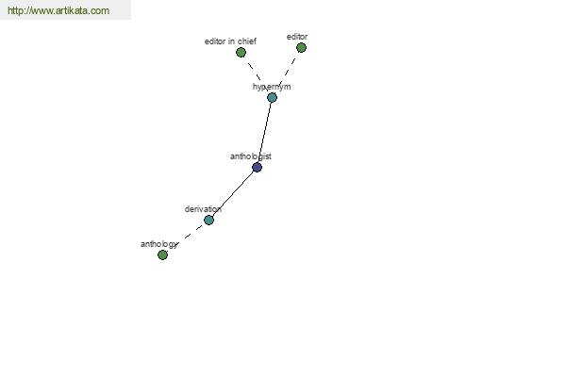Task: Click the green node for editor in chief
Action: [241, 53]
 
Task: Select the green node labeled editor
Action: [302, 48]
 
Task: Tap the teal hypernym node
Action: [273, 97]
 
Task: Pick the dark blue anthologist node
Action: [257, 168]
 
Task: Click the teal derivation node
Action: [209, 220]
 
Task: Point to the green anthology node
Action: [163, 255]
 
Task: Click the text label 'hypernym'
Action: [272, 87]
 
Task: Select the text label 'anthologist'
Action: [251, 156]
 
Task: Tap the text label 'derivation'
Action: [203, 209]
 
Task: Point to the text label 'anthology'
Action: [159, 245]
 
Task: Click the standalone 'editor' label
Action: [297, 37]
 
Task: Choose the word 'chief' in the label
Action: [247, 41]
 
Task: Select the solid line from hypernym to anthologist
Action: [264, 132]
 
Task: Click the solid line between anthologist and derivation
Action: [233, 194]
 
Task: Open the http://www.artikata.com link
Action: [58, 10]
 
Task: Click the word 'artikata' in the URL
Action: [73, 10]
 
